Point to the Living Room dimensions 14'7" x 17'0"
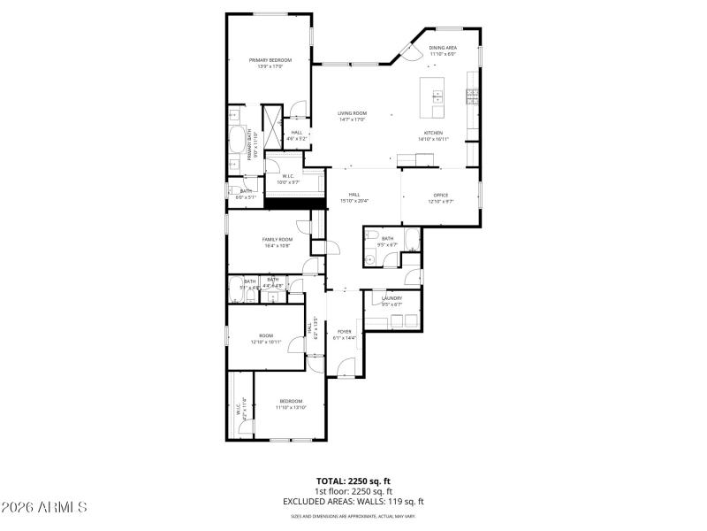pyautogui.click(x=352, y=119)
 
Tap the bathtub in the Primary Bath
pyautogui.click(x=238, y=142)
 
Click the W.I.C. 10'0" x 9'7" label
pyautogui.click(x=287, y=176)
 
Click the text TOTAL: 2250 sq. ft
pyautogui.click(x=353, y=481)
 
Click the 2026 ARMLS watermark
pyautogui.click(x=44, y=507)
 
